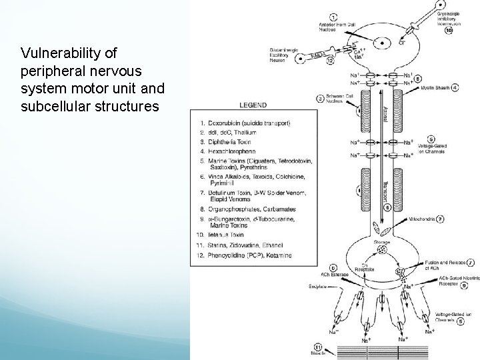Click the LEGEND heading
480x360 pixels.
[x=253, y=105]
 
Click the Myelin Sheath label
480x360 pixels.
[x=437, y=87]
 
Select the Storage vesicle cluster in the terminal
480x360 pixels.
[x=381, y=249]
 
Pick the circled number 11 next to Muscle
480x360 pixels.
[x=317, y=346]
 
